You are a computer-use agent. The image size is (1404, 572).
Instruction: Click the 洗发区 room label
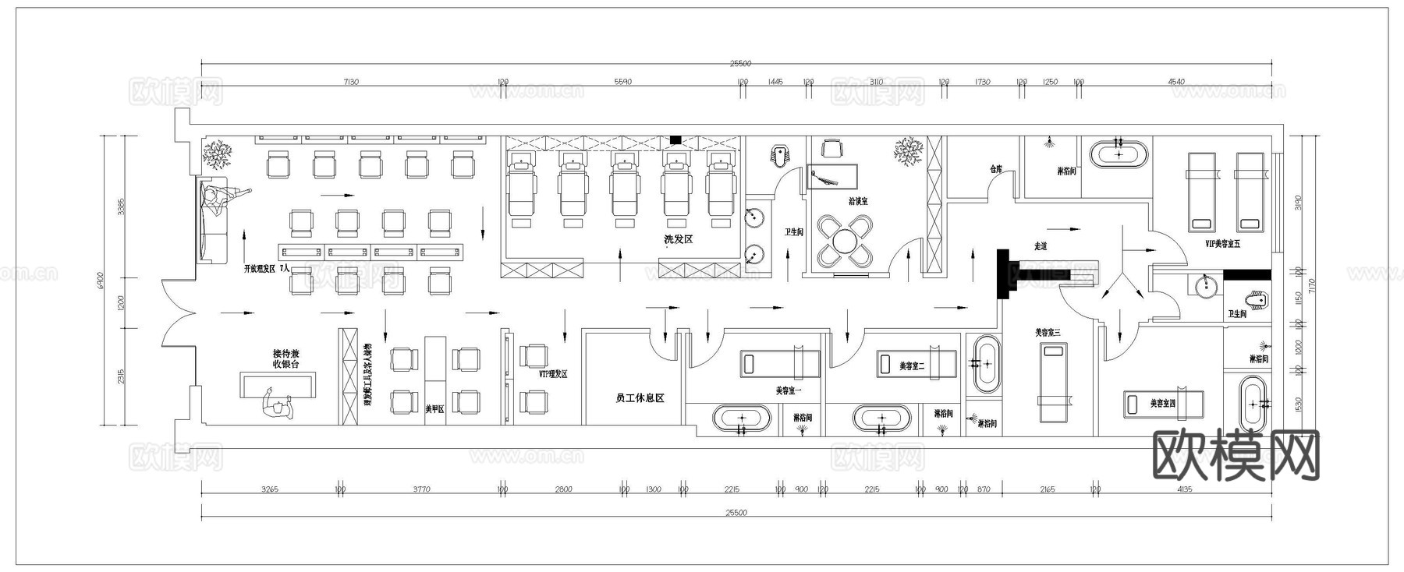tap(678, 239)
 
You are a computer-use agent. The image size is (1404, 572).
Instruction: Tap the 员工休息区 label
tap(640, 398)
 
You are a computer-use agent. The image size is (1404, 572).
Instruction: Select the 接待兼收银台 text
tap(285, 358)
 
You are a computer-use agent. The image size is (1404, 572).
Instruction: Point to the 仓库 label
tap(995, 169)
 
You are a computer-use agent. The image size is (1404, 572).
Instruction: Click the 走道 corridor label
tap(1040, 246)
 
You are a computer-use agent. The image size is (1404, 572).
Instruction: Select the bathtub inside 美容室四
tap(1253, 403)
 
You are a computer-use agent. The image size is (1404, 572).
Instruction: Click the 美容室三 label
tap(1048, 333)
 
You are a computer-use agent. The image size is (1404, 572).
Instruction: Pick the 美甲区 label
tap(434, 408)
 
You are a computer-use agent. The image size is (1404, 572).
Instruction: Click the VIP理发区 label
tap(553, 374)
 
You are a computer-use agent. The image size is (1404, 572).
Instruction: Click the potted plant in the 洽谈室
tap(908, 150)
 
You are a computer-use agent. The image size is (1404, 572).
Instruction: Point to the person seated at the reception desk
tap(277, 405)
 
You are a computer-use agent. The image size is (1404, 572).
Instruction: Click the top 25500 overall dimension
tap(739, 64)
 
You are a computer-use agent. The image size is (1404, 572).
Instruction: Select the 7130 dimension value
tap(350, 82)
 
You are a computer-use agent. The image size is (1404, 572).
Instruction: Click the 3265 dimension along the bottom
tap(269, 489)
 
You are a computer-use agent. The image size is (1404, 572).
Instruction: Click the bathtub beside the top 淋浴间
tap(1119, 154)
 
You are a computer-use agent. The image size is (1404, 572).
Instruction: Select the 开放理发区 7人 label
tap(266, 268)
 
